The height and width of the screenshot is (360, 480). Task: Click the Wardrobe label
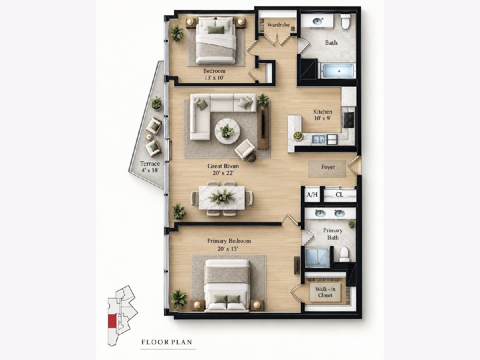(278, 25)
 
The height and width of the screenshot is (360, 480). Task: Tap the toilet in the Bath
(346, 22)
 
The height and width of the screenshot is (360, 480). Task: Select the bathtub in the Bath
(338, 71)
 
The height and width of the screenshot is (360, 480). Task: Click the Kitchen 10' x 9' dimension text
(322, 118)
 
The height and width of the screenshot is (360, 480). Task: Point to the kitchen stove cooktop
(348, 120)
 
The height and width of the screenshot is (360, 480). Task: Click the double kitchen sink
(319, 139)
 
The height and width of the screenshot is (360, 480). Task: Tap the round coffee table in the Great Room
(227, 131)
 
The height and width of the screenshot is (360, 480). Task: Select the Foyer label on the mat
(328, 167)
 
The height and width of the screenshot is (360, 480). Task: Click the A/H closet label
(312, 194)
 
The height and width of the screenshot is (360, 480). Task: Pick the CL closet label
(339, 194)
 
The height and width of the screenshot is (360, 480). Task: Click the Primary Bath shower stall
(317, 257)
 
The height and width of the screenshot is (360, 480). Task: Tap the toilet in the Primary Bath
(344, 254)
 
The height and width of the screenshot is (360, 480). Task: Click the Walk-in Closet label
(325, 292)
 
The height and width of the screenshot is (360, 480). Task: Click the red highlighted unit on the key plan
(112, 321)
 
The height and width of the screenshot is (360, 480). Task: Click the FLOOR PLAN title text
(167, 342)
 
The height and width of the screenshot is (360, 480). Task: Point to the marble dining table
(222, 198)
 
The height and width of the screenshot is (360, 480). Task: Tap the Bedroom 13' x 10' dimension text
(214, 78)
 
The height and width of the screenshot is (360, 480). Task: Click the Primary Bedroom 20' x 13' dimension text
(228, 249)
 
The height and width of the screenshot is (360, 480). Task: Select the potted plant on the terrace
(156, 103)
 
